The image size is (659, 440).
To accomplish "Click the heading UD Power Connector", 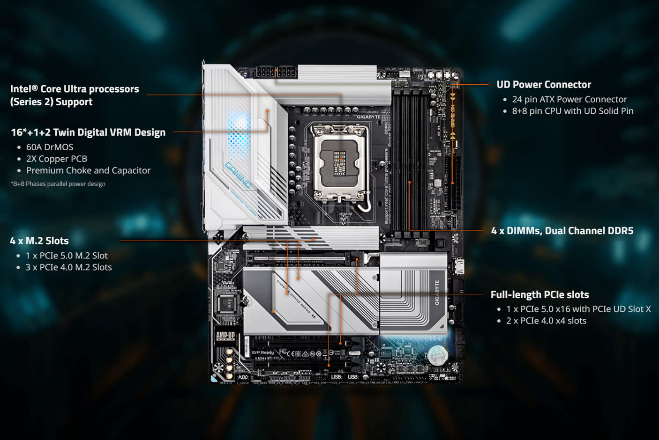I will click(544, 85).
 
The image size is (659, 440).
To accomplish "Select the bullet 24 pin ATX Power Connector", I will click(569, 99).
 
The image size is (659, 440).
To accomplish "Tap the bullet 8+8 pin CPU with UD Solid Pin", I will click(572, 111).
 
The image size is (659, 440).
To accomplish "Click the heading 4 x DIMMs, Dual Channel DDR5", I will click(562, 231).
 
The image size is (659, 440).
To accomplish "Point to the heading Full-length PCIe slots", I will click(539, 295).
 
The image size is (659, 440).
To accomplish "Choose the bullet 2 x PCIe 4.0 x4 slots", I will click(546, 321).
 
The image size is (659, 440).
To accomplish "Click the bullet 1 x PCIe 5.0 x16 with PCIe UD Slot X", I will click(578, 309).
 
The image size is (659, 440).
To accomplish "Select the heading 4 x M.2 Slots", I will click(39, 241).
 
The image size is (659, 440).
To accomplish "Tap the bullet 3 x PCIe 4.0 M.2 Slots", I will click(68, 267).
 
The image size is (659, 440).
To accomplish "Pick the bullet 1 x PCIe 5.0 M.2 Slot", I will click(67, 256).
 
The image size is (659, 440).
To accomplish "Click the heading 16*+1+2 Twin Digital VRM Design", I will click(88, 132).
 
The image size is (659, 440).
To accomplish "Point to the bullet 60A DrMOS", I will click(50, 147).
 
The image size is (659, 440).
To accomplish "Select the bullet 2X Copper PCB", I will click(57, 159).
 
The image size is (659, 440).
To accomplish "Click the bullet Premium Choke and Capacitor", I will click(88, 170).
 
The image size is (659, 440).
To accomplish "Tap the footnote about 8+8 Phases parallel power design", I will click(58, 184).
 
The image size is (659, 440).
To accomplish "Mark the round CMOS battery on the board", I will click(437, 355).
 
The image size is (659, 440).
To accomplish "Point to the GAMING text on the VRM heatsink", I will click(238, 175).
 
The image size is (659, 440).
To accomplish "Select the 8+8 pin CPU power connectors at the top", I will click(276, 73).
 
